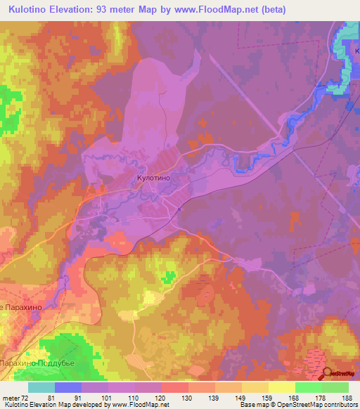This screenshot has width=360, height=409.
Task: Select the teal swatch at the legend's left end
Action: click(x=41, y=387)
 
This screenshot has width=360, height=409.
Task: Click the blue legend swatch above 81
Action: click(x=68, y=387)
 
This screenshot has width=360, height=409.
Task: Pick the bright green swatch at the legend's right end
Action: click(x=335, y=387)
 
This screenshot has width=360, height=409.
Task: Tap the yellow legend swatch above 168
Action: click(x=281, y=387)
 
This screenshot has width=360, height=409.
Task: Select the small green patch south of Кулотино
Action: click(x=169, y=276)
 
